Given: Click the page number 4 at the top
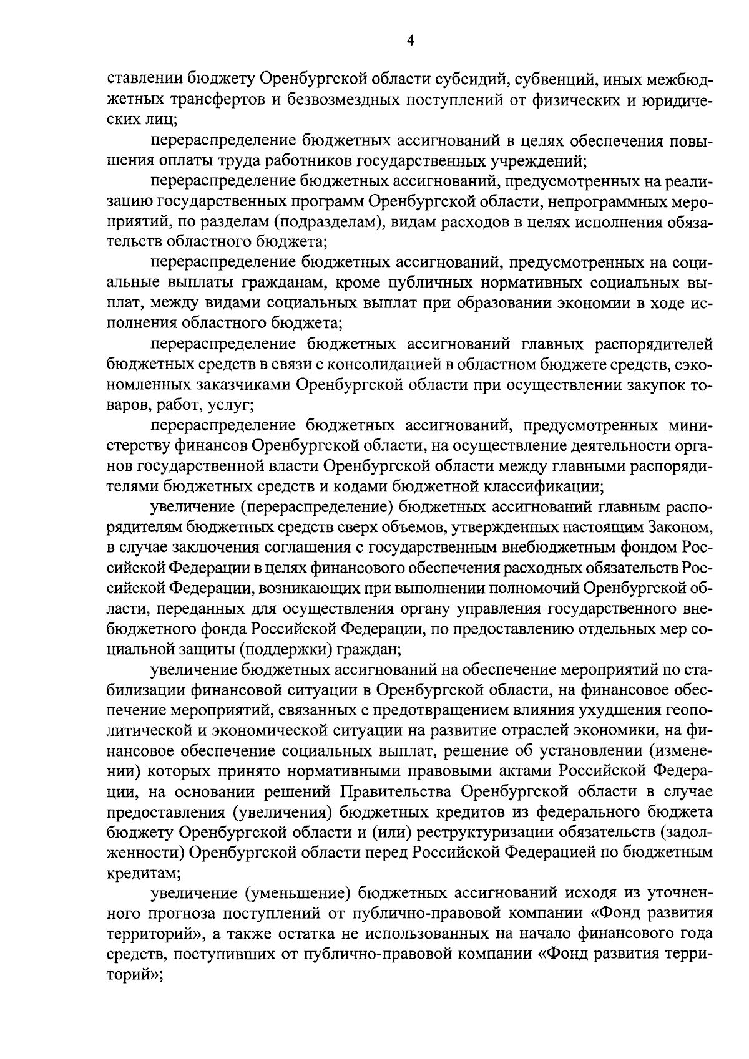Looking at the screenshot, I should coord(410,41).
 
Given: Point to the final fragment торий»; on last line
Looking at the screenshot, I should coord(135,974).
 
